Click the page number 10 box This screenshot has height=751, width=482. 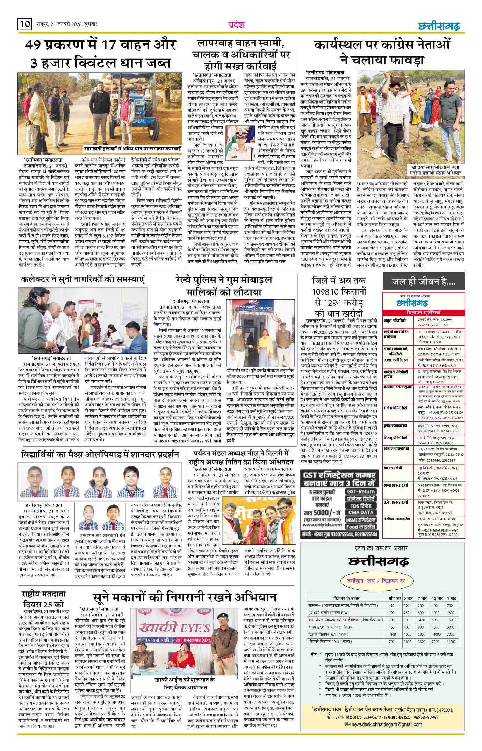[x=24, y=24]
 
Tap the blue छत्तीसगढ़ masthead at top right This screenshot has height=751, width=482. [x=439, y=26]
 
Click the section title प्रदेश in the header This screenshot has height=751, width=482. [x=237, y=24]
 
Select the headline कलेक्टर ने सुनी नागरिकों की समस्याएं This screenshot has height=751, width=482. [x=82, y=279]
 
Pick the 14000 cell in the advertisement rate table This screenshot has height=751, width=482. [x=451, y=642]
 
